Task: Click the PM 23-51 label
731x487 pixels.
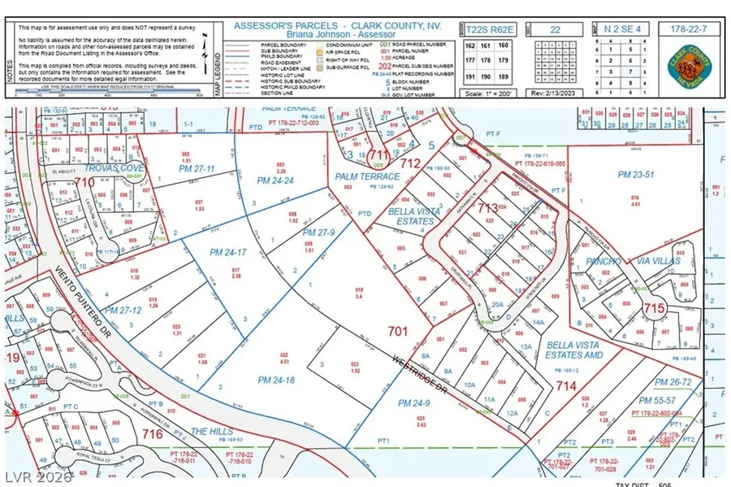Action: (x=635, y=174)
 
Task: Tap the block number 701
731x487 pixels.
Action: (x=397, y=332)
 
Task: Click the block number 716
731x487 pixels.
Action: (x=152, y=436)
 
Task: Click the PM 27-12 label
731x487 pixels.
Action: (x=119, y=310)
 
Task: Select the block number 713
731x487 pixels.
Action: (x=487, y=209)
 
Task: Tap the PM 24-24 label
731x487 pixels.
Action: (x=274, y=180)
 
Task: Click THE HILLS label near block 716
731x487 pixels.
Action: (x=212, y=431)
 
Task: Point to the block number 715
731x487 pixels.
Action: (x=654, y=308)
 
